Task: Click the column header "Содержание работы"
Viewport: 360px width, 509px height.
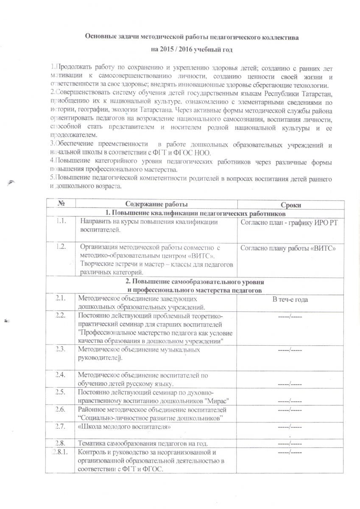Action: coord(156,204)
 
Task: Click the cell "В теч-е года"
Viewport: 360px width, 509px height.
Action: coord(290,300)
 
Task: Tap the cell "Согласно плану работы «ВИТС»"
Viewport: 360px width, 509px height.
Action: coord(288,248)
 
